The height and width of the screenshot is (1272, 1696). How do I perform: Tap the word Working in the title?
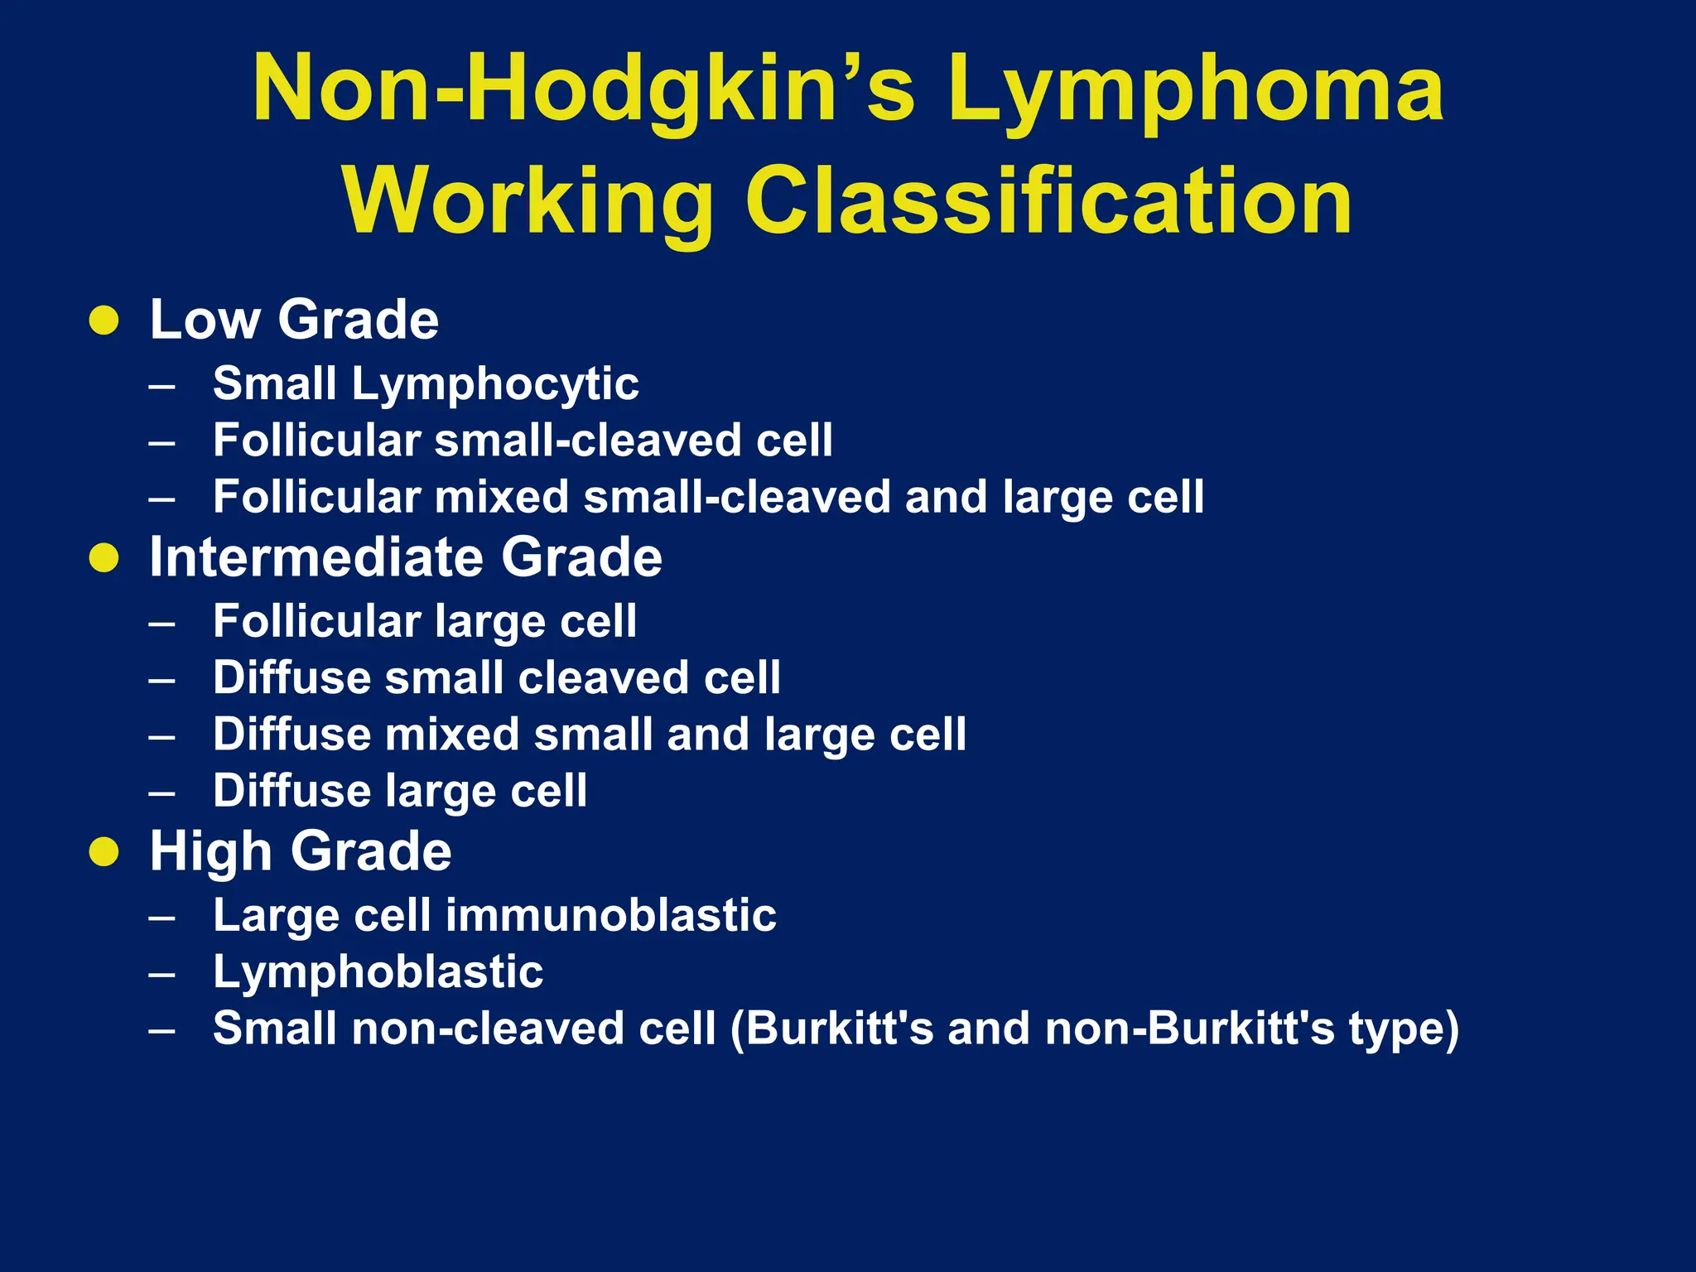528,202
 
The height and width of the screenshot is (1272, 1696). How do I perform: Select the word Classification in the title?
1048,202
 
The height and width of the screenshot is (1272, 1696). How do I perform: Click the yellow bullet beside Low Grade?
104,320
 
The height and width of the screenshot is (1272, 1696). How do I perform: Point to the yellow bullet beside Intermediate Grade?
104,557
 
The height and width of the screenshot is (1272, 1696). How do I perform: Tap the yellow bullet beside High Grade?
104,851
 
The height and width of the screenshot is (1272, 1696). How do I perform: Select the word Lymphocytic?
495,385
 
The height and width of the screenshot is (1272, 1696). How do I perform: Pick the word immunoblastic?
611,916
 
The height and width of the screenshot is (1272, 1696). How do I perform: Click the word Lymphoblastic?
378,972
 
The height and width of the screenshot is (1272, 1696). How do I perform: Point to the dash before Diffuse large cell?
162,793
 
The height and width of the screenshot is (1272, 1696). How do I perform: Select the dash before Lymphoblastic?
162,973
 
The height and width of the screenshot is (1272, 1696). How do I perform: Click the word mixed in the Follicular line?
502,497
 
